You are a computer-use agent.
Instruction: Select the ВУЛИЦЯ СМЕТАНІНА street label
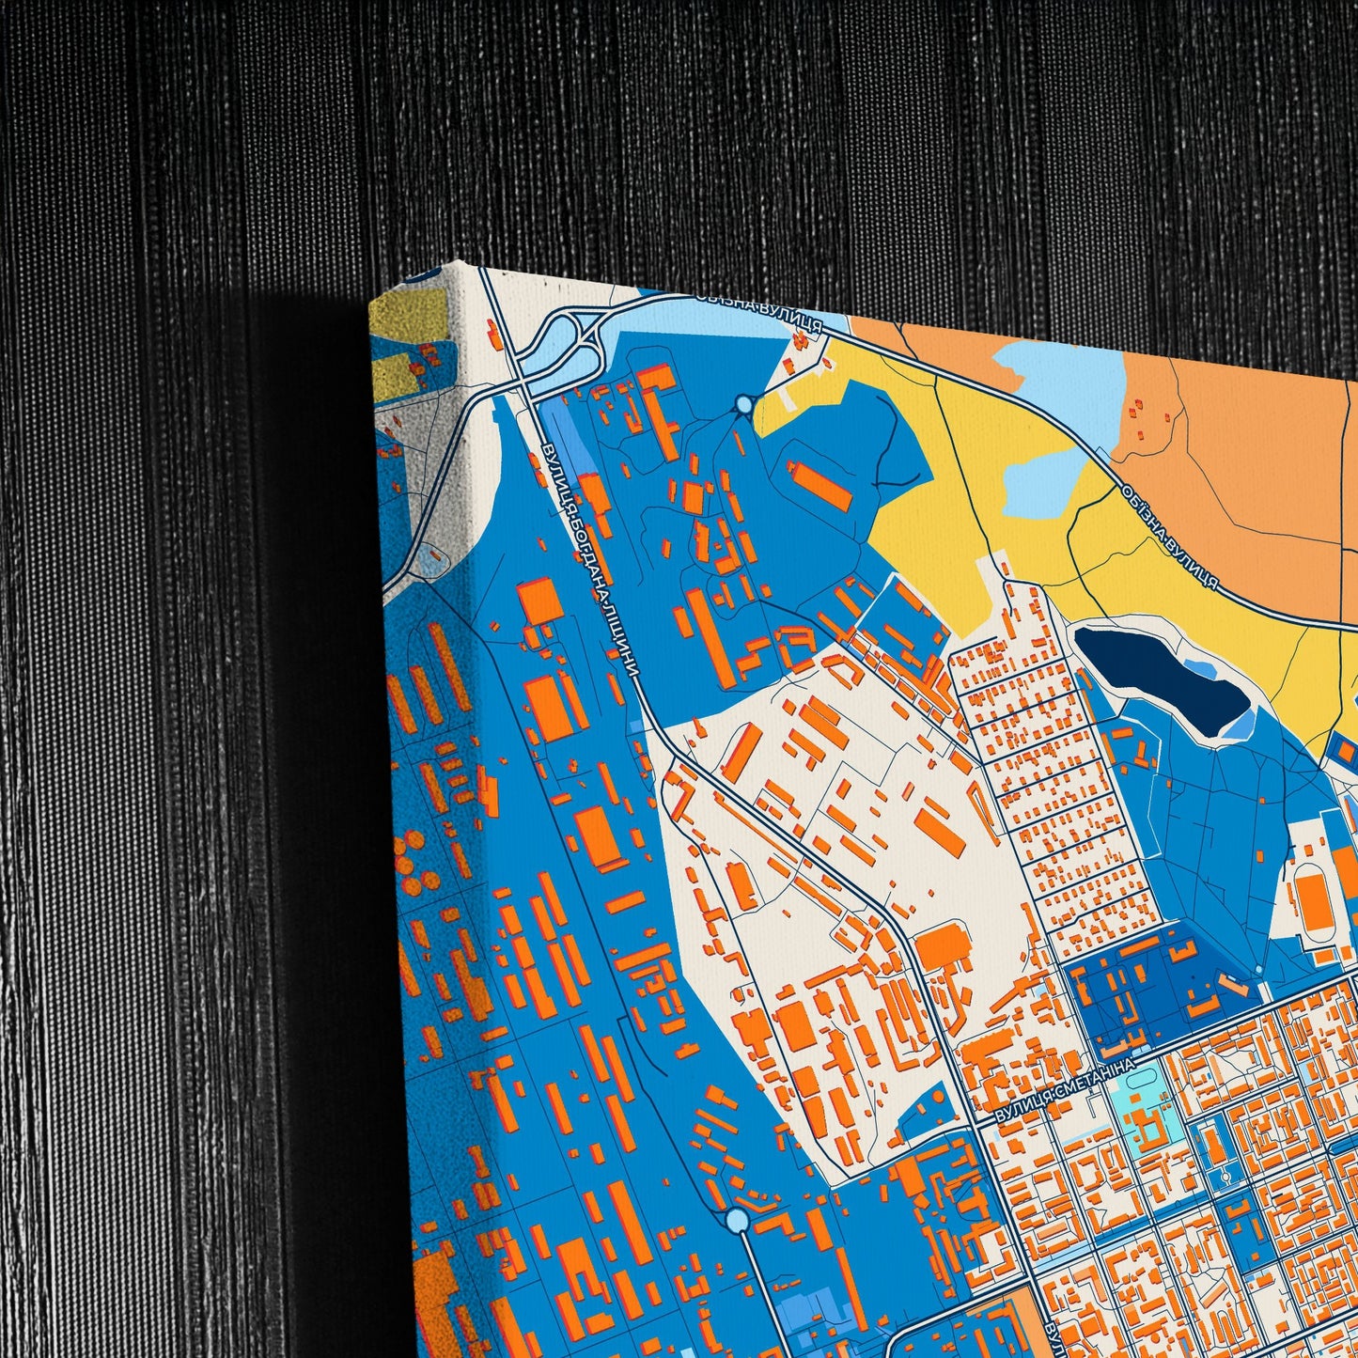pyautogui.click(x=1065, y=1090)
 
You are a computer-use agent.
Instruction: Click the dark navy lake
pyautogui.click(x=1161, y=677)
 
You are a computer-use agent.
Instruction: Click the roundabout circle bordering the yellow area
pyautogui.click(x=745, y=405)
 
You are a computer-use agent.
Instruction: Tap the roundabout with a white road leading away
pyautogui.click(x=738, y=1220)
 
